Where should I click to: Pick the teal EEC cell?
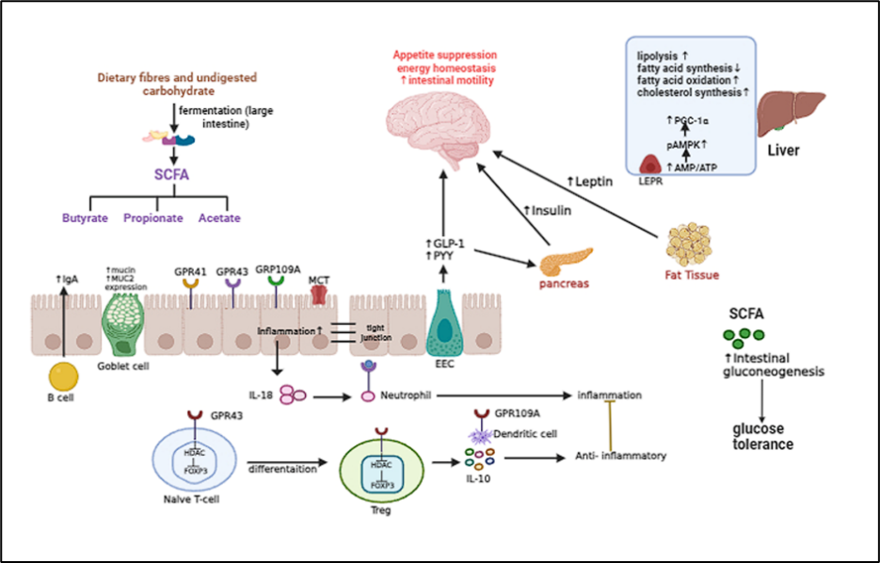(444, 326)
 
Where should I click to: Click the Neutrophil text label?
(404, 396)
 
